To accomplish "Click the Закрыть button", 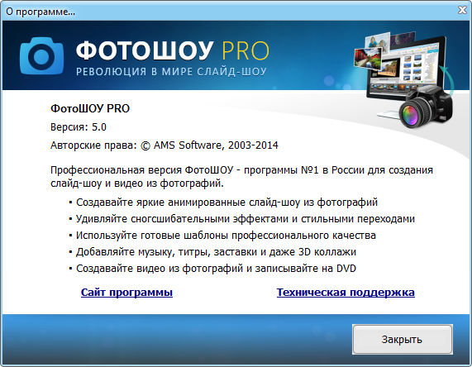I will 403,339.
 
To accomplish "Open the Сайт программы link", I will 126,293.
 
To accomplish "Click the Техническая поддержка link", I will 346,293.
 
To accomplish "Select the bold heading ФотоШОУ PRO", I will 90,109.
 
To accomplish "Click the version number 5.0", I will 98,126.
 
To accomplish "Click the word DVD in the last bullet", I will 349,269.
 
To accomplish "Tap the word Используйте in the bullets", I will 106,236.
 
